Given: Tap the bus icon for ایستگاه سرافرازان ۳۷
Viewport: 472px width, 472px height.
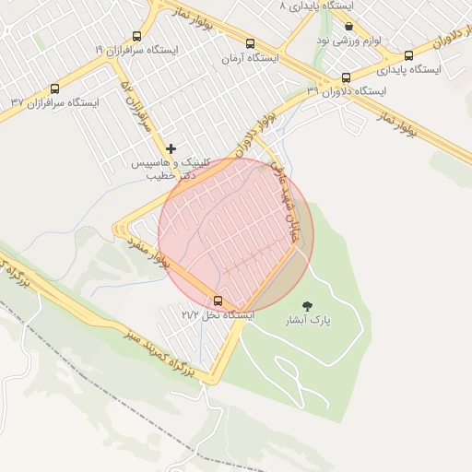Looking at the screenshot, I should coord(54,89).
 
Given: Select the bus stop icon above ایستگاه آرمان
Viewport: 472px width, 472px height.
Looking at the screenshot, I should coord(250,44).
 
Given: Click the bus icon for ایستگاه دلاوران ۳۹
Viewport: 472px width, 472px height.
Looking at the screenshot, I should coord(346,77).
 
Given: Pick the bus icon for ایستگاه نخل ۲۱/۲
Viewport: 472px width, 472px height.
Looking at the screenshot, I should coord(218,301).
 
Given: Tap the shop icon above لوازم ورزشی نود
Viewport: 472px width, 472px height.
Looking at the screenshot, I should coord(348,27).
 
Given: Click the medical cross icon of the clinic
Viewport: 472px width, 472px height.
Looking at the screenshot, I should coord(170,148).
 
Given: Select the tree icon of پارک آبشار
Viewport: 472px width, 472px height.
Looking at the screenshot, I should coord(306,305).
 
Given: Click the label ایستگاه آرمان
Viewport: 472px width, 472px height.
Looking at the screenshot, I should coord(250,58).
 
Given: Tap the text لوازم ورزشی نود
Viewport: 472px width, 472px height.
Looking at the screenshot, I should coord(348,41).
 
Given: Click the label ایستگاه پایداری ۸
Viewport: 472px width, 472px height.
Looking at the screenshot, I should coord(322,6).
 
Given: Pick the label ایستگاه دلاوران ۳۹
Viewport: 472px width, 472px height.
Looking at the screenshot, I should coord(347,91).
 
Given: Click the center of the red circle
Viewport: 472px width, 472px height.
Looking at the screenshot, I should coord(236,235).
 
